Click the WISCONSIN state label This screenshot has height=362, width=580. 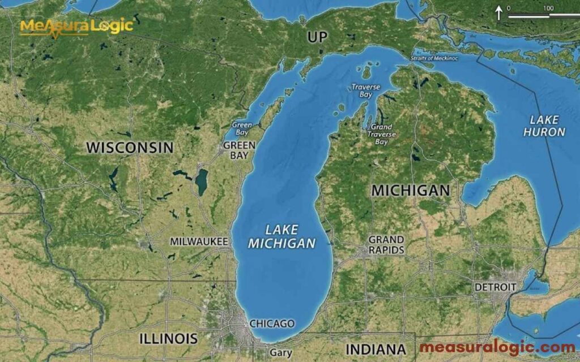coord(130,148)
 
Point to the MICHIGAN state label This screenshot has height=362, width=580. coord(410,191)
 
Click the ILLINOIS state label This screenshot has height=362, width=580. coord(169,339)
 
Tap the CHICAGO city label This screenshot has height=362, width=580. coord(272,324)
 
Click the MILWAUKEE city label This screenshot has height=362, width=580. coord(199,242)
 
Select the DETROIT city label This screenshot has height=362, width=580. coord(495,287)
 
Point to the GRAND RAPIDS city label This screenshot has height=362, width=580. coord(386,245)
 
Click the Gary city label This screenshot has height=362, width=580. coord(281,352)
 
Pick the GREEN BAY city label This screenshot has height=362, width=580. coord(239,150)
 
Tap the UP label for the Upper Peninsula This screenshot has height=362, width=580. coord(318,37)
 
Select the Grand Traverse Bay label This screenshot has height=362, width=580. coord(381,135)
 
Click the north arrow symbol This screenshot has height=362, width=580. coord(499,12)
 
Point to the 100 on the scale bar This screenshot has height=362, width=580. coord(548,8)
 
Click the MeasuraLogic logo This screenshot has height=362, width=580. coord(76,26)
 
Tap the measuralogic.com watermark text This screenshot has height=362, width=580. coord(497,347)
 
